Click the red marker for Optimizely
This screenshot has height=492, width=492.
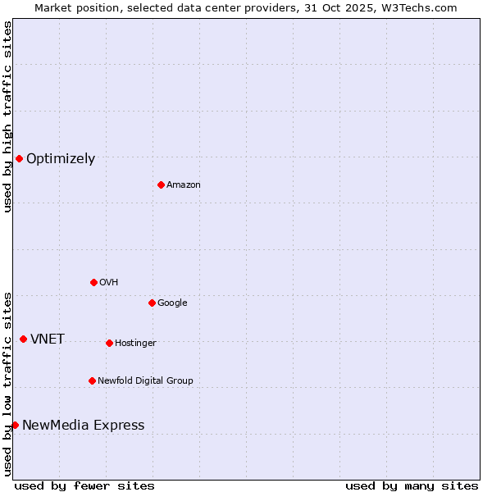pos(19,158)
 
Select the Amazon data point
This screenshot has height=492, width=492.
pos(161,184)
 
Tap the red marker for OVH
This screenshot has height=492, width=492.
pos(93,282)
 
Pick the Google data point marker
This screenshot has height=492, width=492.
pos(152,303)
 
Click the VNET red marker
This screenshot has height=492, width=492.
pos(23,339)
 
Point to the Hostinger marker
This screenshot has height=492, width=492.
pos(109,343)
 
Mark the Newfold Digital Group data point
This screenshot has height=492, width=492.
pos(92,380)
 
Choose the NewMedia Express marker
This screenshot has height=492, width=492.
pos(15,425)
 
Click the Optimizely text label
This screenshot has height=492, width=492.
pos(61,159)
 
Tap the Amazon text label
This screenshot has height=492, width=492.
pos(184,185)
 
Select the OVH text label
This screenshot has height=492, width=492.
pos(109,283)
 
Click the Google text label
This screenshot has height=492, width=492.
pos(172,303)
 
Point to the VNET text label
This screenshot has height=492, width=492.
pos(48,339)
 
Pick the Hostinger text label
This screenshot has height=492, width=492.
pos(135,344)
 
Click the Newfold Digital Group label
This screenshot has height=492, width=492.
pos(145,381)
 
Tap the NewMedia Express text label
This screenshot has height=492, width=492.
pos(83,426)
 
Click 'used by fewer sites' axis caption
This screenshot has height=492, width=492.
pos(84,485)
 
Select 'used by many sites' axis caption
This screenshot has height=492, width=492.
pos(412,485)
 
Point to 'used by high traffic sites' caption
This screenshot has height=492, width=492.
pos(7,116)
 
